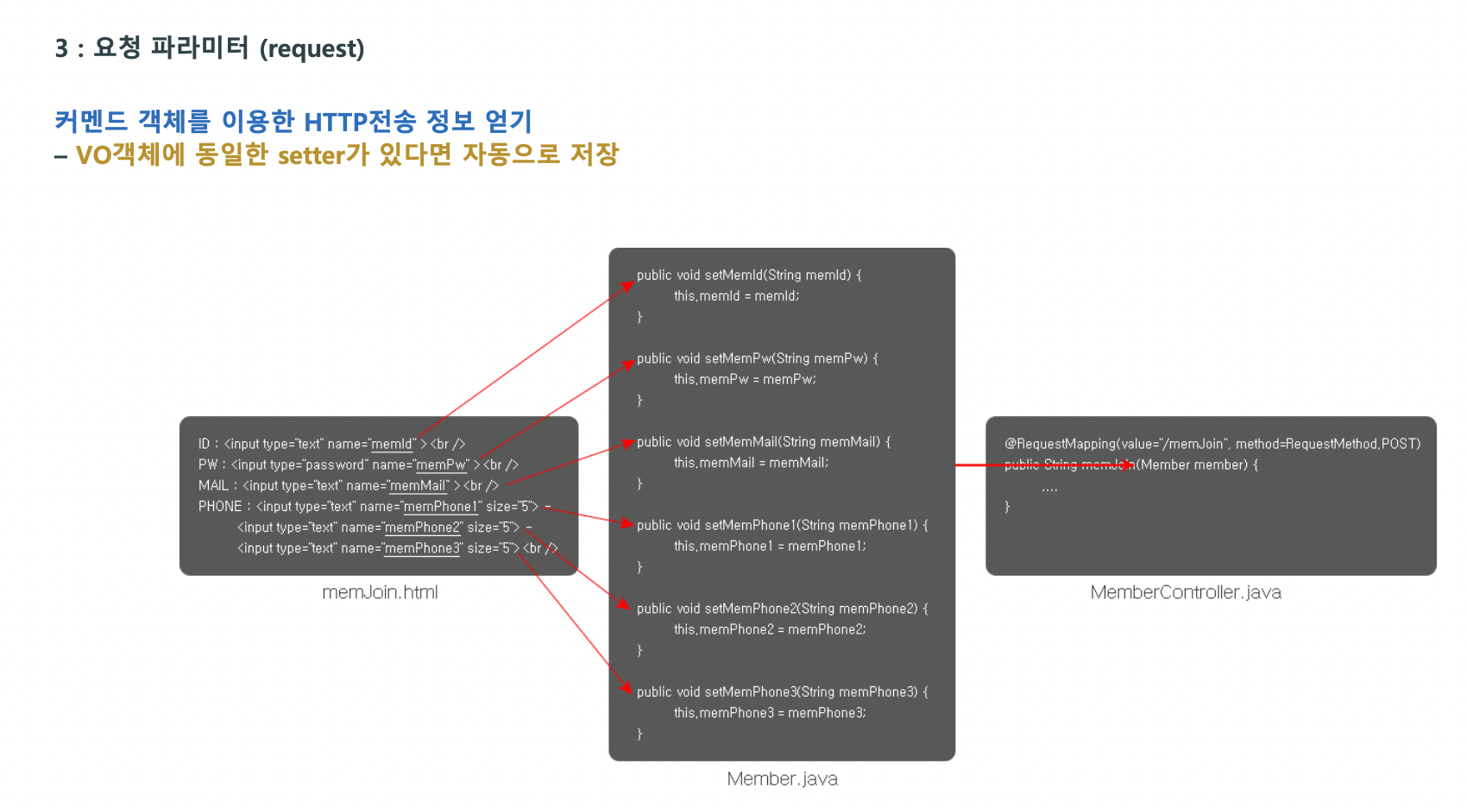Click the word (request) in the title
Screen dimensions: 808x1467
tap(312, 48)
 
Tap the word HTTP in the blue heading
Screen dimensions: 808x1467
tap(336, 122)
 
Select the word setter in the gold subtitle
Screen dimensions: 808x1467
tap(312, 155)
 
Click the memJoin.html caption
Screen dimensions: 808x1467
tap(380, 592)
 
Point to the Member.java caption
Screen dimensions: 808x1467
tap(782, 779)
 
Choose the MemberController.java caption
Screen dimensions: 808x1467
tap(1185, 592)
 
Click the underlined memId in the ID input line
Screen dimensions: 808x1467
tap(392, 444)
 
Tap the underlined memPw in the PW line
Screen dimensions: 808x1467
tap(441, 464)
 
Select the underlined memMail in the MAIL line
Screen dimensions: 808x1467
tap(418, 485)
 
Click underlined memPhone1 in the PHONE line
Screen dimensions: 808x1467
tap(440, 507)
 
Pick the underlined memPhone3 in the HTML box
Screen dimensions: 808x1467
tap(422, 548)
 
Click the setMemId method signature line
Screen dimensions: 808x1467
tap(748, 275)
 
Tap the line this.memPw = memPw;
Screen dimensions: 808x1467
tap(744, 380)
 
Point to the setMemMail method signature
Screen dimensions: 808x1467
tap(763, 442)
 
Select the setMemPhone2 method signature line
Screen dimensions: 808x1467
tap(782, 609)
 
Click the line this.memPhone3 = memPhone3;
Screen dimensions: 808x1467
tap(769, 713)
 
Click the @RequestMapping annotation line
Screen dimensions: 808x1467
tap(1212, 444)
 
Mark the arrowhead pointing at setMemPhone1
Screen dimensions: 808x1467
tap(629, 523)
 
